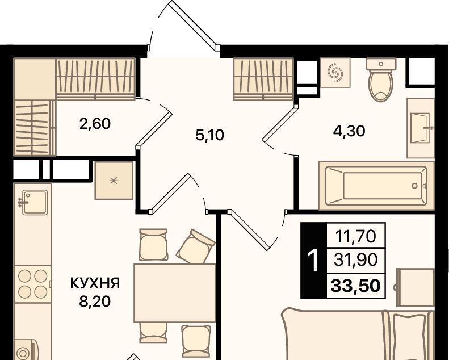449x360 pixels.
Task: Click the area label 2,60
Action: tap(95, 124)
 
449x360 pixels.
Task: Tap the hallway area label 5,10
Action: tap(209, 135)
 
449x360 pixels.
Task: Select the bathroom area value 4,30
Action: tap(349, 131)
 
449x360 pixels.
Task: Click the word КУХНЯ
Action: tap(95, 283)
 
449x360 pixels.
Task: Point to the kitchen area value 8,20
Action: tap(95, 302)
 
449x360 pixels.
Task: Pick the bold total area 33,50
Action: tap(356, 286)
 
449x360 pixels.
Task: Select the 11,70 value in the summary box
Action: tap(355, 236)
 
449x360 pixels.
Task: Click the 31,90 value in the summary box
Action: tap(356, 260)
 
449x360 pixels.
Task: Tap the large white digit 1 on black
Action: tap(313, 260)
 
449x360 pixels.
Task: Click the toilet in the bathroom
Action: tap(381, 79)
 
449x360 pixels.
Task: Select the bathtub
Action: tap(376, 185)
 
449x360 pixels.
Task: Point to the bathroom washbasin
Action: tap(421, 128)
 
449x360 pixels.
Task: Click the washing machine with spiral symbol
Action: tap(335, 73)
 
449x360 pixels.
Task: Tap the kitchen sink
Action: tap(32, 202)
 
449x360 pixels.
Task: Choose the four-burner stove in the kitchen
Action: tap(33, 284)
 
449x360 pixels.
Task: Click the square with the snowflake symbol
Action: tap(114, 181)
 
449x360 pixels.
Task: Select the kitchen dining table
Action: tap(175, 293)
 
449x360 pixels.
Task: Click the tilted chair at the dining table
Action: tap(196, 247)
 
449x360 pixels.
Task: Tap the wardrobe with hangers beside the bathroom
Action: tap(264, 79)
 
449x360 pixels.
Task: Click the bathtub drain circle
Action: tap(414, 186)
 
